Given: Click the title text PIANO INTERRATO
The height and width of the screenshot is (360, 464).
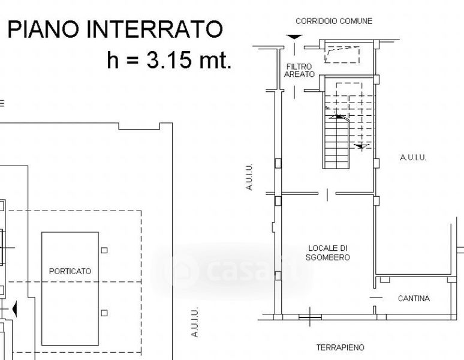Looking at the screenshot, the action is click(x=115, y=29).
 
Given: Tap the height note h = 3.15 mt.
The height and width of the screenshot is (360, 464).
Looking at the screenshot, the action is click(x=169, y=60).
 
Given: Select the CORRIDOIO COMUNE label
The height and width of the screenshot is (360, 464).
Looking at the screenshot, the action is click(x=334, y=22).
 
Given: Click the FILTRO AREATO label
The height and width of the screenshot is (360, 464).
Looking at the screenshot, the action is click(x=299, y=70).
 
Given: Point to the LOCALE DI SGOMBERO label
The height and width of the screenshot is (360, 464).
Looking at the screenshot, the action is click(x=327, y=253).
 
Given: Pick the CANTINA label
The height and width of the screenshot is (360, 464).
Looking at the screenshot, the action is click(x=414, y=298).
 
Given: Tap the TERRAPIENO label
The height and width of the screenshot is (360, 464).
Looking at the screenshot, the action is click(x=341, y=347).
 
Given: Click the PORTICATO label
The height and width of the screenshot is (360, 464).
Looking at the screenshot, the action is click(x=70, y=271).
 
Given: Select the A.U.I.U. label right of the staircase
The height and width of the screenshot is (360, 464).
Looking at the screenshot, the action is click(x=413, y=157).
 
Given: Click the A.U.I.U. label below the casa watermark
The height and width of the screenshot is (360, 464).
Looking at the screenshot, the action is click(x=194, y=322).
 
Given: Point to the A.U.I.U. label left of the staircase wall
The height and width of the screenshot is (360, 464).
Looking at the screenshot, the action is click(x=249, y=177).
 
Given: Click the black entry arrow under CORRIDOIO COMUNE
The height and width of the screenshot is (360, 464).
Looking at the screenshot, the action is click(x=294, y=37).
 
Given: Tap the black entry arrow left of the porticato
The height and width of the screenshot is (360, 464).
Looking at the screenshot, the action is click(x=14, y=309).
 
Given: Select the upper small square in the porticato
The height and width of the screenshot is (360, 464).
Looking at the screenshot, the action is click(x=104, y=250).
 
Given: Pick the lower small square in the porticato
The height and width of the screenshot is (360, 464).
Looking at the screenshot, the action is click(x=104, y=313).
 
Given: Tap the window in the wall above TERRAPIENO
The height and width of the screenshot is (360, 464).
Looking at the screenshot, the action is click(x=310, y=317).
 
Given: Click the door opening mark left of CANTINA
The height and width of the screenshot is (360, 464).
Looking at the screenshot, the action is click(x=376, y=297).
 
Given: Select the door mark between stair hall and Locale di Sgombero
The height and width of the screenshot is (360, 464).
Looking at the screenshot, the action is click(x=327, y=195).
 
